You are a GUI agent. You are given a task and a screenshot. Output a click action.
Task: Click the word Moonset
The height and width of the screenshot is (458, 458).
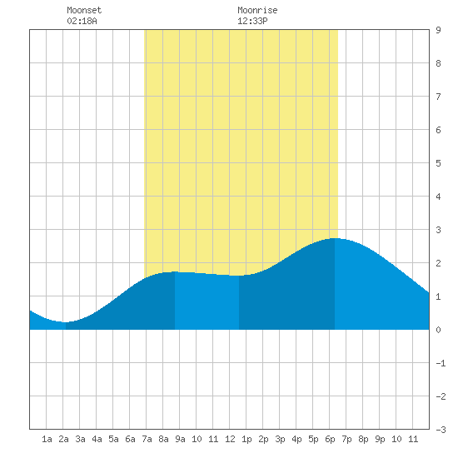pyautogui.click(x=84, y=10)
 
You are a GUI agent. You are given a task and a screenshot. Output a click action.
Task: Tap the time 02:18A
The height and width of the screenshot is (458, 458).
pyautogui.click(x=82, y=21)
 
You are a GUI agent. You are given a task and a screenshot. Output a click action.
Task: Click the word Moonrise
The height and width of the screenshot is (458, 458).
pyautogui.click(x=257, y=10)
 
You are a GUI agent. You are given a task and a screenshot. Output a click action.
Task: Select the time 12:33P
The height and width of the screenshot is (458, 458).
pyautogui.click(x=252, y=21)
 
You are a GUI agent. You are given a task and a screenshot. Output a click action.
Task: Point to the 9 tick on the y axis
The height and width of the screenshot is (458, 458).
pyautogui.click(x=438, y=30)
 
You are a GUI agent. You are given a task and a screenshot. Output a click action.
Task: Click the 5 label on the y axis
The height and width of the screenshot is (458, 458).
pyautogui.click(x=438, y=163)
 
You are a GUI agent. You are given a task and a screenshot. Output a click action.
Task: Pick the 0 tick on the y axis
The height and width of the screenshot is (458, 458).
pyautogui.click(x=438, y=330)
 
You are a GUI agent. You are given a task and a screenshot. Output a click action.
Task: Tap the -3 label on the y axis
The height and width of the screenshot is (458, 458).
pyautogui.click(x=441, y=430)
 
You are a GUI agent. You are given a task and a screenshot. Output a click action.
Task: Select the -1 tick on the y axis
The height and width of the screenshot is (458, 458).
pyautogui.click(x=441, y=363)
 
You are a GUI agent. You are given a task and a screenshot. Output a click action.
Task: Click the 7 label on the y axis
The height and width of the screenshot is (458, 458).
pyautogui.click(x=438, y=97)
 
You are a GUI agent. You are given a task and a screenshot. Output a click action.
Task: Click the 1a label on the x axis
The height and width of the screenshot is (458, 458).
pyautogui.click(x=47, y=439)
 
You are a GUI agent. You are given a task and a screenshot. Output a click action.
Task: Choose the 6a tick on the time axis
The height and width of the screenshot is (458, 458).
pyautogui.click(x=130, y=439)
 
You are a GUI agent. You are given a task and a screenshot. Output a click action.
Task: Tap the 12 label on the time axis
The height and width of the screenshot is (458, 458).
pyautogui.click(x=230, y=439)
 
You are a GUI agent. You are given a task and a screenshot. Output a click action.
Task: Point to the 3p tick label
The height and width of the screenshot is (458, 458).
pyautogui.click(x=280, y=439)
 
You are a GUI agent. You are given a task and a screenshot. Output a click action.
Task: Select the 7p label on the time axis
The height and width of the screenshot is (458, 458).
pyautogui.click(x=346, y=439)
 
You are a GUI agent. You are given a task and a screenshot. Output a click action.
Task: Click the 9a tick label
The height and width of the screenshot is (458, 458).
pyautogui.click(x=180, y=439)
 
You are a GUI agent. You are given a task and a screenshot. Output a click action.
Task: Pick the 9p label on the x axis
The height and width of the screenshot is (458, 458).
pyautogui.click(x=380, y=439)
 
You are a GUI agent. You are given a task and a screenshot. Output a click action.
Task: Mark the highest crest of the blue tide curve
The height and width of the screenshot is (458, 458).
pyautogui.click(x=335, y=238)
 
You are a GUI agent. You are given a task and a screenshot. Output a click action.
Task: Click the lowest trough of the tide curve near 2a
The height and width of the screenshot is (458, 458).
pyautogui.click(x=66, y=322)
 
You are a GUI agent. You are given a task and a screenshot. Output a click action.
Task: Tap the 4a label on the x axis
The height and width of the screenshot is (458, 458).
pyautogui.click(x=97, y=439)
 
